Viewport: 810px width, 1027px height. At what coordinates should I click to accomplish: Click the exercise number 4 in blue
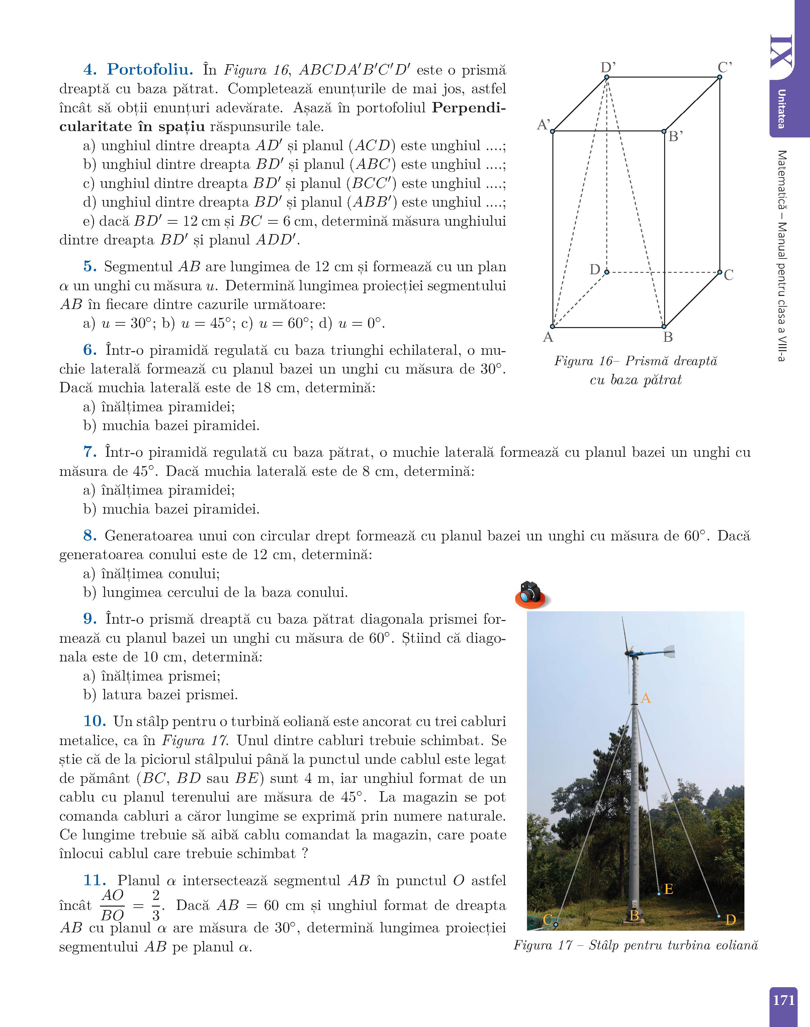(x=90, y=70)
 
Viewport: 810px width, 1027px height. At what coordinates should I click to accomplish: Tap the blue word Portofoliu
(x=150, y=70)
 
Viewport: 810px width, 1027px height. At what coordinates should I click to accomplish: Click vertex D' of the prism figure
(x=607, y=77)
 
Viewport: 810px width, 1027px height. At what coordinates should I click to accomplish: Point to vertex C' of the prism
(x=719, y=77)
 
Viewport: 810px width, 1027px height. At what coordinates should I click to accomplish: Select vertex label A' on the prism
(x=543, y=125)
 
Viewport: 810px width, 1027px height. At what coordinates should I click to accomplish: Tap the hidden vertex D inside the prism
(x=607, y=272)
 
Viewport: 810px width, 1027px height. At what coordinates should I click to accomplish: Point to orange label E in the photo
(x=669, y=890)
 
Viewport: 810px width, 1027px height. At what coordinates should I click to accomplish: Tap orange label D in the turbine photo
(x=730, y=920)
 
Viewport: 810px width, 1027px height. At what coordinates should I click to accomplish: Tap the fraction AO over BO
(x=112, y=905)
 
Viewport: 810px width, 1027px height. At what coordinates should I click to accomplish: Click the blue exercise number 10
(x=94, y=721)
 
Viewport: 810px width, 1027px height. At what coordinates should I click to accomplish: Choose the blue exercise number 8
(x=90, y=536)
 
